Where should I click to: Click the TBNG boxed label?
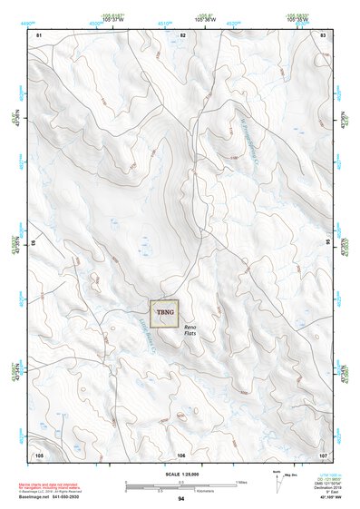point(165,313)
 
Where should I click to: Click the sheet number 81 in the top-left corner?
point(39,34)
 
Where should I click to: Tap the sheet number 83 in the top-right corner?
point(323,34)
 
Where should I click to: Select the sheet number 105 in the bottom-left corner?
point(39,454)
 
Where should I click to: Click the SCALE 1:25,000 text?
point(180,473)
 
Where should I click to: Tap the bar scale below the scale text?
point(180,484)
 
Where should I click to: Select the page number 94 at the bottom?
point(181,499)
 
